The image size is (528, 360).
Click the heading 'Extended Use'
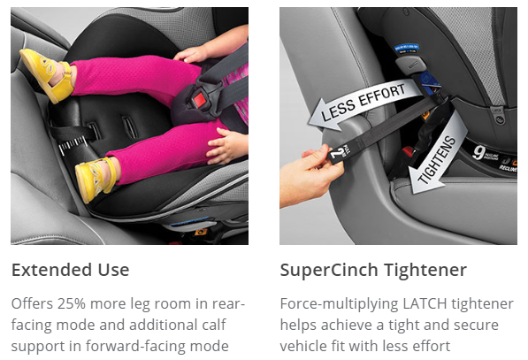(x=70, y=270)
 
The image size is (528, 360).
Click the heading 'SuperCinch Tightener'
(x=372, y=270)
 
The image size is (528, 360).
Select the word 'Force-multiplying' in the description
(x=338, y=303)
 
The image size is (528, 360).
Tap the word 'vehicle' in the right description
(x=304, y=346)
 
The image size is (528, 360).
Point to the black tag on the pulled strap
(x=341, y=154)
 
